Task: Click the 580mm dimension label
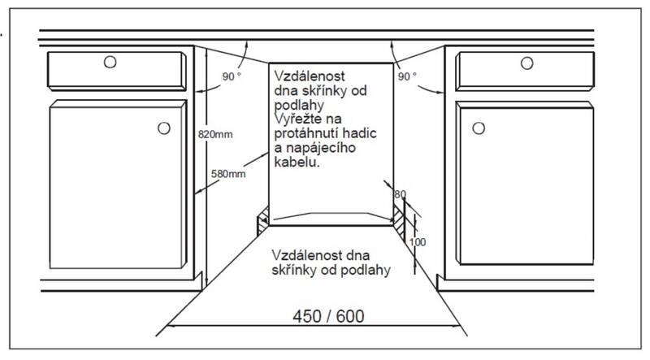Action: [x=227, y=174]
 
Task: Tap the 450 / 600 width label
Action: [x=322, y=314]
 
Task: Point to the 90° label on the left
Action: [x=232, y=76]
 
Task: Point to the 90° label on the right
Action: [x=407, y=76]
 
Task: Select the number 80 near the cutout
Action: [x=399, y=193]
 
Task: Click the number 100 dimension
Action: [x=418, y=241]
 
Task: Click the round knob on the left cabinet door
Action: [x=164, y=128]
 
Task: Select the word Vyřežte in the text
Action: [x=297, y=119]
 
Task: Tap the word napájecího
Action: [x=325, y=147]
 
